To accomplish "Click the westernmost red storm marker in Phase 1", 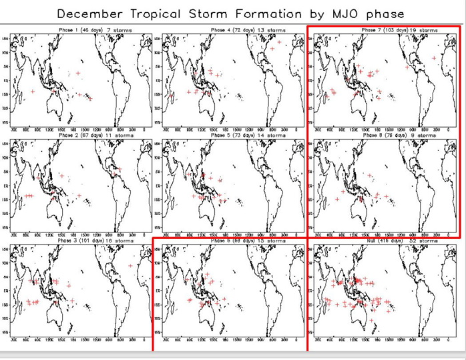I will click(x=33, y=92).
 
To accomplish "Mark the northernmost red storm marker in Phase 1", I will click(x=78, y=73).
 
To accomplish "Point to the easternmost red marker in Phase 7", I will click(x=435, y=58).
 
